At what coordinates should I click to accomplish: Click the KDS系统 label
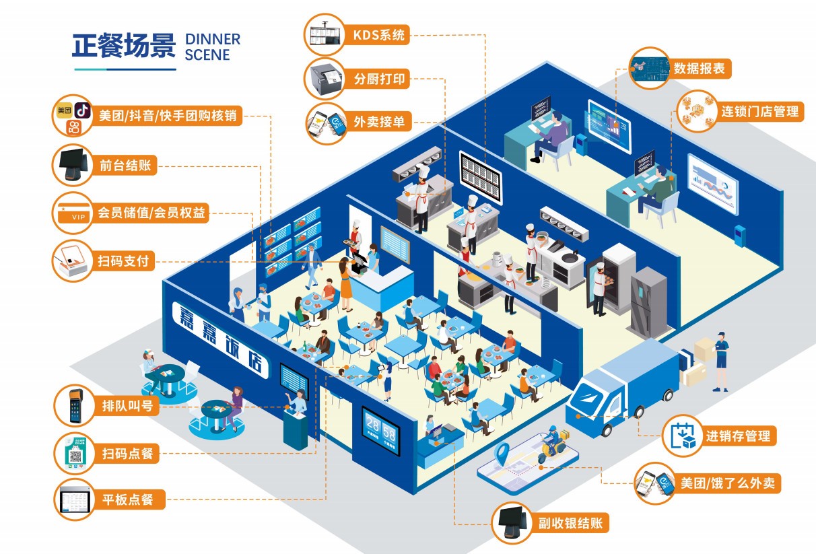click(x=379, y=35)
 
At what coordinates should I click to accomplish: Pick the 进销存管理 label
click(x=738, y=436)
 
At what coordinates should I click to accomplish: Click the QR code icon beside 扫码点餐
click(x=75, y=453)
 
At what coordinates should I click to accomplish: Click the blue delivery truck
click(x=619, y=387)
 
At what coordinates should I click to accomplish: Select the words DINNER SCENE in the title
click(x=212, y=46)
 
